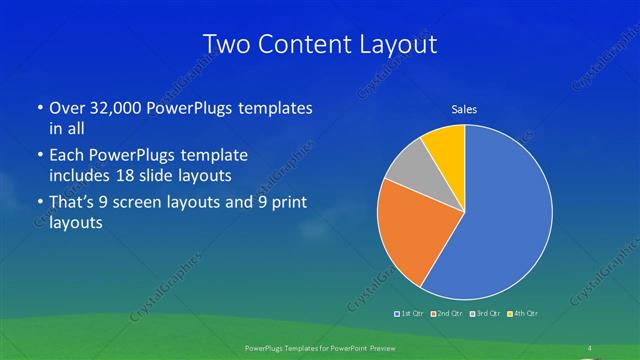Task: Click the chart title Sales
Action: (x=464, y=108)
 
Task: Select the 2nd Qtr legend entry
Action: (x=446, y=314)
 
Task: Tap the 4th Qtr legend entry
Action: (x=521, y=314)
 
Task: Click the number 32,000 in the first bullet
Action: (x=117, y=108)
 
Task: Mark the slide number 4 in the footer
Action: (x=590, y=348)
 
